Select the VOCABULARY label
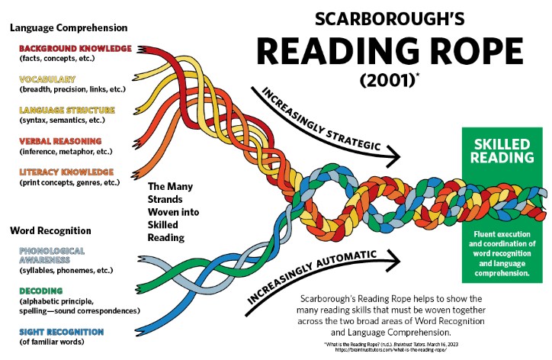coord(47,79)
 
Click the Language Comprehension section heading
coord(69,27)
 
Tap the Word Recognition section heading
coord(50,230)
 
